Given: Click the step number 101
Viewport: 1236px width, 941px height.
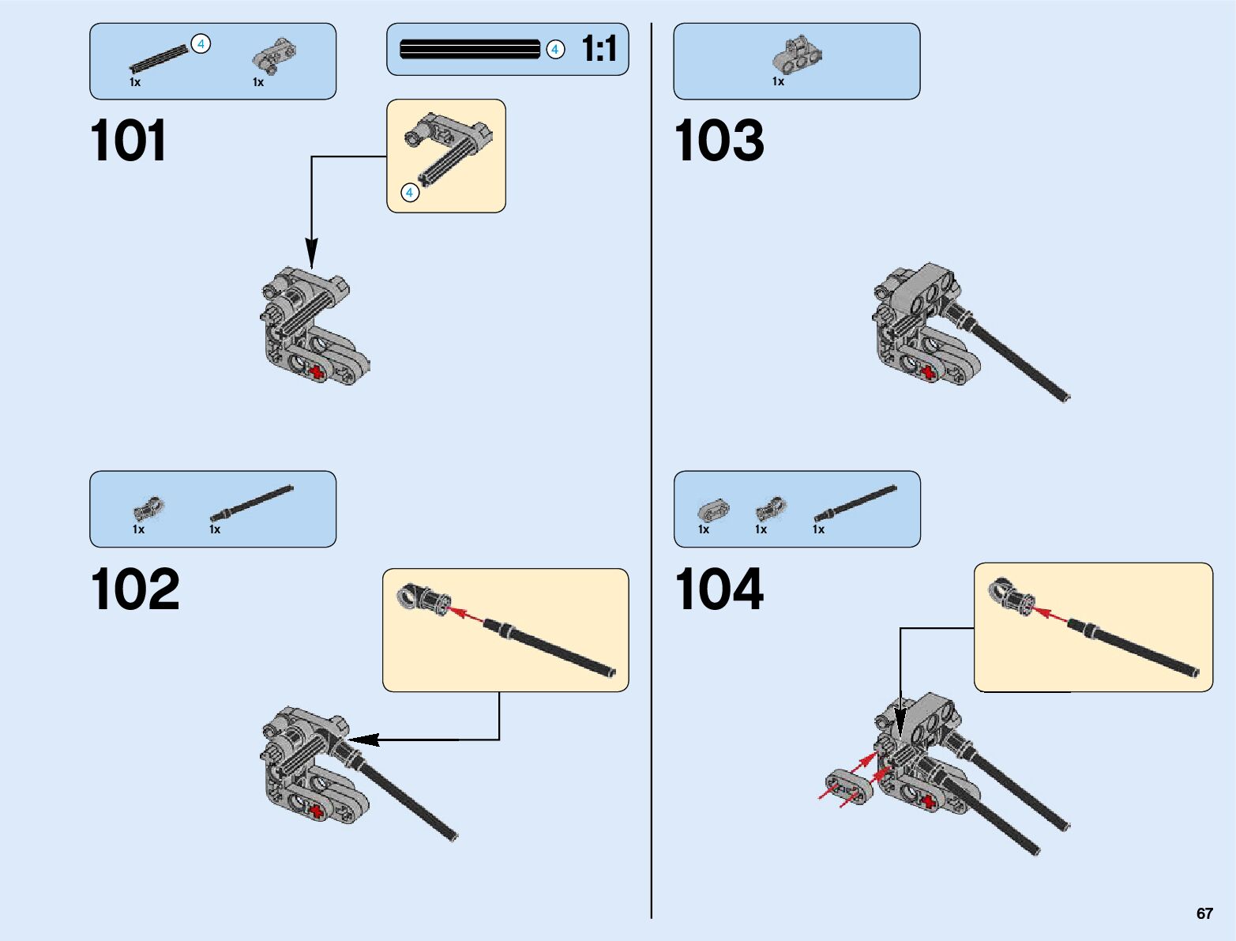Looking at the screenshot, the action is pyautogui.click(x=129, y=141).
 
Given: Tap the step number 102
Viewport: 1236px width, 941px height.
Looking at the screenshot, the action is pyautogui.click(x=135, y=589).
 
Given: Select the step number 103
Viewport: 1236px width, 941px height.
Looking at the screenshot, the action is pyautogui.click(x=719, y=141).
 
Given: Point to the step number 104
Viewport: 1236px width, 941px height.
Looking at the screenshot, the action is pyautogui.click(x=719, y=589).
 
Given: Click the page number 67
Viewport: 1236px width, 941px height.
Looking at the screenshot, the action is pyautogui.click(x=1204, y=913).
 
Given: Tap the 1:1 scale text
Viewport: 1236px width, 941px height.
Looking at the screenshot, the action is pyautogui.click(x=599, y=49).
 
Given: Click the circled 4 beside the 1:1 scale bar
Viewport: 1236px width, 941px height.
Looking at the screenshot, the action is pyautogui.click(x=555, y=50).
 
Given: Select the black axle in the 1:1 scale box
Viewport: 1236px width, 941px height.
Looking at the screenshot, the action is pyautogui.click(x=470, y=49).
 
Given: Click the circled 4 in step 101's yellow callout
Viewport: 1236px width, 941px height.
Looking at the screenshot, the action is pyautogui.click(x=409, y=192).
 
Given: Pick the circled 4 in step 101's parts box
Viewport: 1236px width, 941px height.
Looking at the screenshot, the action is pyautogui.click(x=201, y=44).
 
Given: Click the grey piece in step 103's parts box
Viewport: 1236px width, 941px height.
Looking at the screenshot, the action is pyautogui.click(x=797, y=55).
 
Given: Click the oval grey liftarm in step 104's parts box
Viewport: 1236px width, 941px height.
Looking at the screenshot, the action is pyautogui.click(x=713, y=510).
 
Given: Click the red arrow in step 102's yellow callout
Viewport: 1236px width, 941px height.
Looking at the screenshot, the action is pyautogui.click(x=467, y=614).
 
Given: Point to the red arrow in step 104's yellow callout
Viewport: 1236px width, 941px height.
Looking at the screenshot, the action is pyautogui.click(x=1050, y=613).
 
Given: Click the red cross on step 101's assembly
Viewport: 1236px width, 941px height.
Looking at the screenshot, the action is pyautogui.click(x=317, y=372).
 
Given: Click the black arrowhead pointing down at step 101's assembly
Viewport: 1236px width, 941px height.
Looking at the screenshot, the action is pyautogui.click(x=312, y=254).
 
